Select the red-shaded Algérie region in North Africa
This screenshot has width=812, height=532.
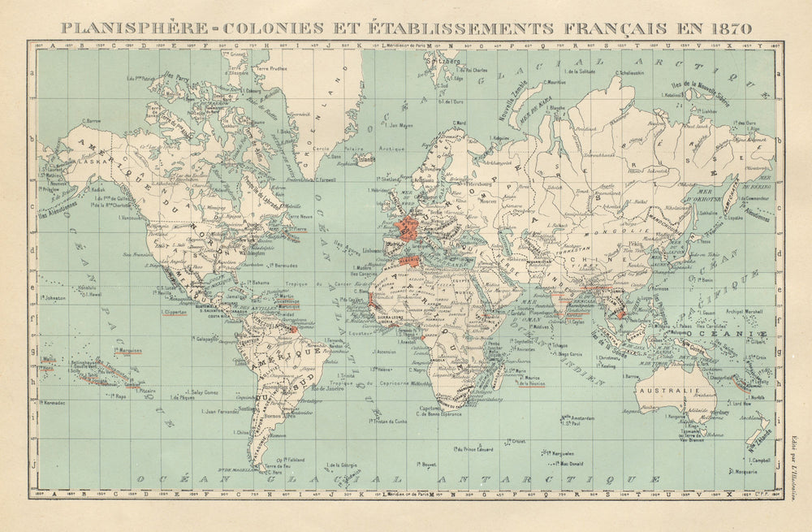(410, 259)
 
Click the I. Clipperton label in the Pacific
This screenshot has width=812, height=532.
(175, 312)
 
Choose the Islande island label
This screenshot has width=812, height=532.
(366, 159)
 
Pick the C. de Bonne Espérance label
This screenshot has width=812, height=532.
(439, 414)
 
